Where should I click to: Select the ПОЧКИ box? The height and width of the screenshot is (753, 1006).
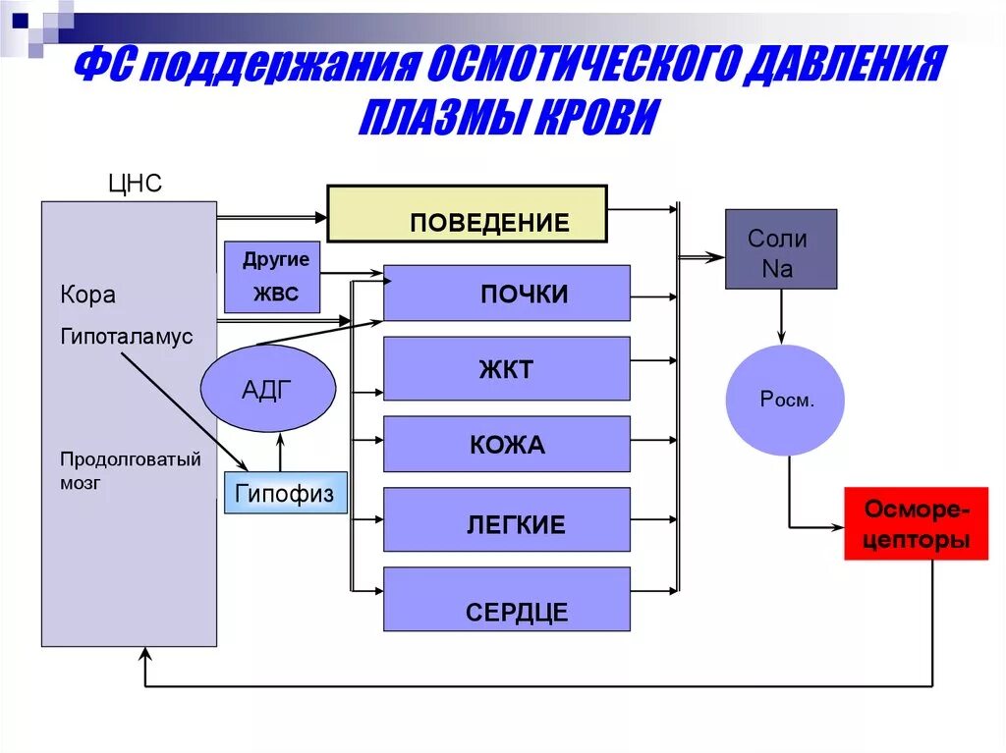pos(506,293)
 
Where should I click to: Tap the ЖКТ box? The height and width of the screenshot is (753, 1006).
pos(506,368)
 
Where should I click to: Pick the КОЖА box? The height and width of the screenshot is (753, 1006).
pos(506,444)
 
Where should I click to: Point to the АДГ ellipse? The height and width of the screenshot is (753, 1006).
pos(268,390)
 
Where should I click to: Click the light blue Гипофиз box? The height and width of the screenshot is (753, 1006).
pos(286,493)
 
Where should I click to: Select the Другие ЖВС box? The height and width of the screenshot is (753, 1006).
pos(272,277)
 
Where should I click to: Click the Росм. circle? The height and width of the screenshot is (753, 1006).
pos(785,400)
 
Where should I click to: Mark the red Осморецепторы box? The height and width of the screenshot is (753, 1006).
pos(916,523)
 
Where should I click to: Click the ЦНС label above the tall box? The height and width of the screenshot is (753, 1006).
pos(135,184)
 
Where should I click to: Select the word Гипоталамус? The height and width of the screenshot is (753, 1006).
pos(127,337)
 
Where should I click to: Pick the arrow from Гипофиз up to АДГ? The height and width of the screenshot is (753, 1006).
pos(280,454)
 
